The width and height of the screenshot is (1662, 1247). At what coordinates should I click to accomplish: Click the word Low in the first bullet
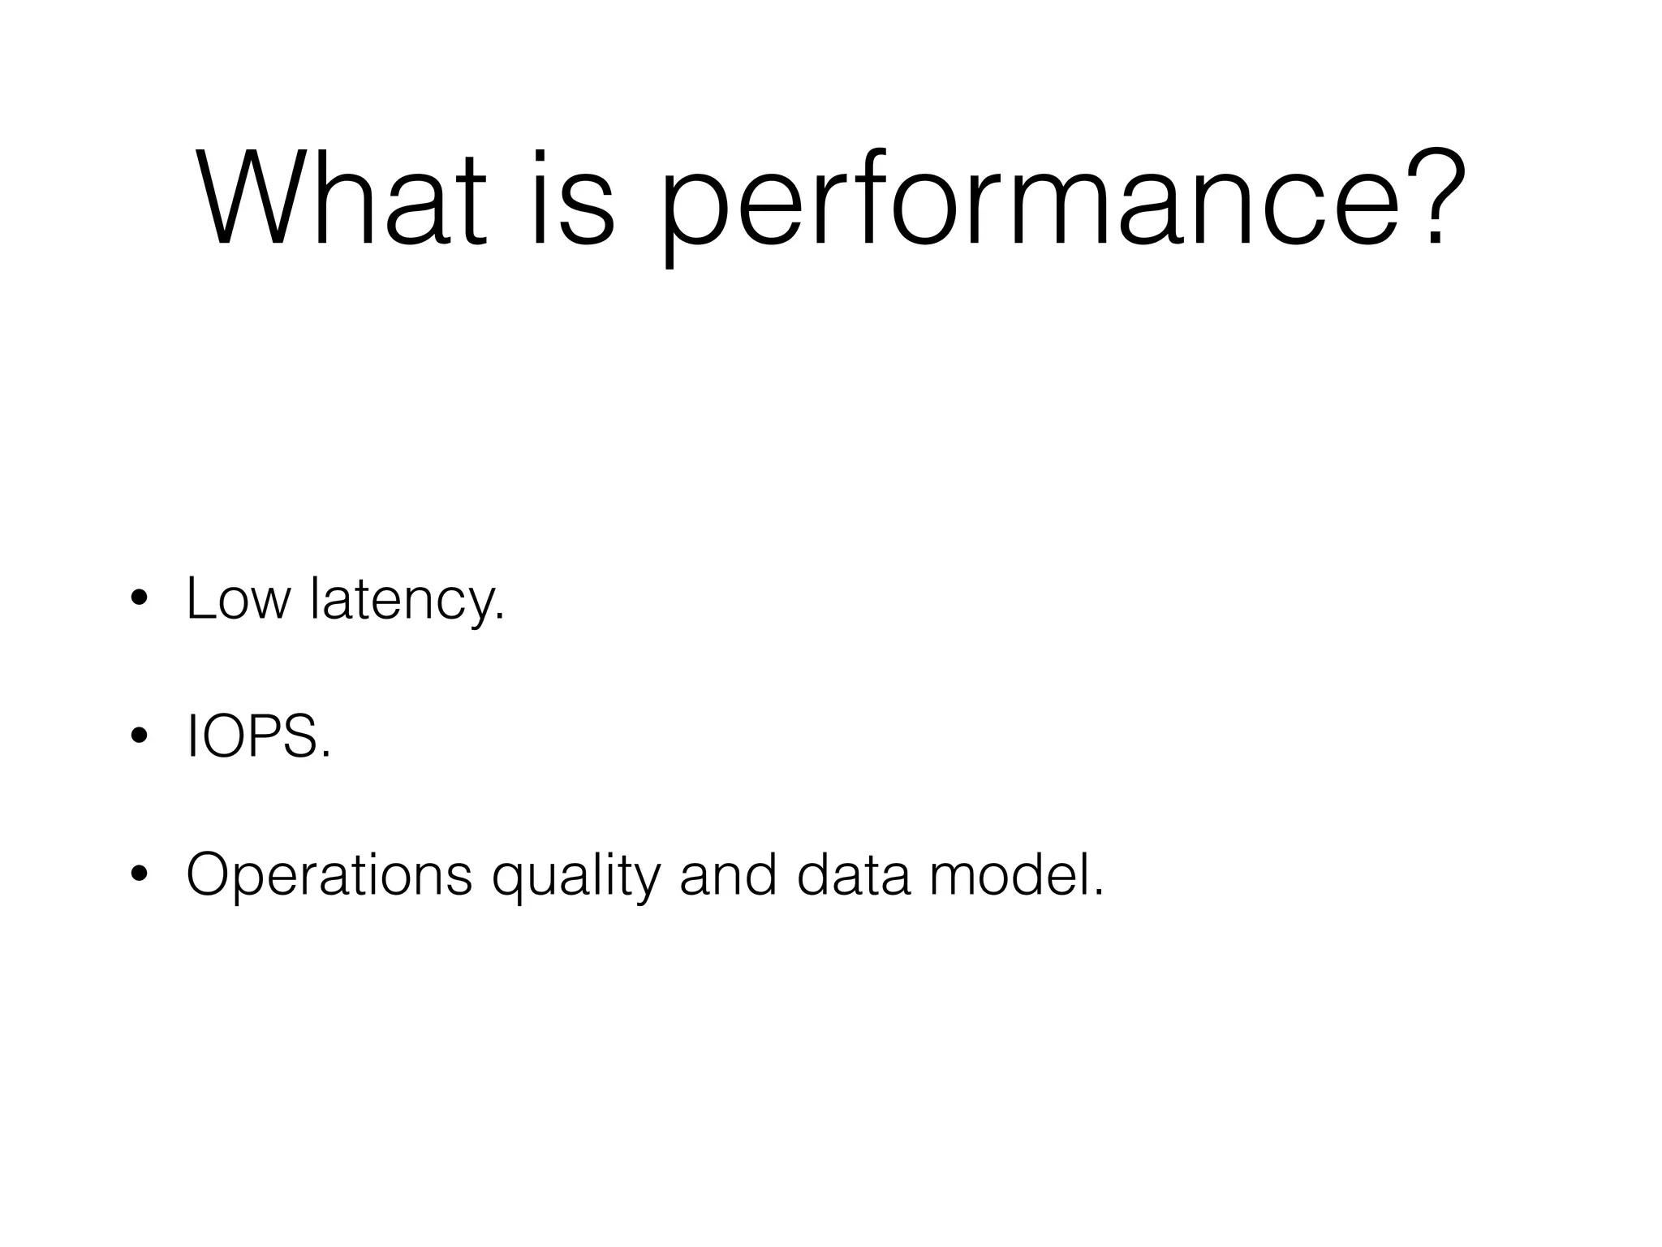point(238,599)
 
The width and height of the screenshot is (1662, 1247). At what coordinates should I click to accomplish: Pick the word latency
point(403,601)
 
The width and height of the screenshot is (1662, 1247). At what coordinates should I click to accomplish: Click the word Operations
point(329,875)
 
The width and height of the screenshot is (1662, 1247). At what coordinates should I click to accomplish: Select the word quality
point(576,877)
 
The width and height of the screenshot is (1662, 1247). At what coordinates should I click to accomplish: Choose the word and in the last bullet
point(728,875)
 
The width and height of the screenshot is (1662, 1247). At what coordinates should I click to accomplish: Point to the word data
point(853,875)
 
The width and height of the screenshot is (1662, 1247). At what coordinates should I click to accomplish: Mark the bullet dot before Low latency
point(139,599)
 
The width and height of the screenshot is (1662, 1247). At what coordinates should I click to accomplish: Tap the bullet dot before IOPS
point(139,737)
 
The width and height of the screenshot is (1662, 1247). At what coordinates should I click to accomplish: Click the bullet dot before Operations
point(139,875)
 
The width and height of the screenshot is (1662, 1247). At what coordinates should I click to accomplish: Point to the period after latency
point(499,617)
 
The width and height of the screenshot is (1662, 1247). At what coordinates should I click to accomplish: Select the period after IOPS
point(326,755)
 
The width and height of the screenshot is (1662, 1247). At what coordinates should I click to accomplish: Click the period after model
point(1099,893)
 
